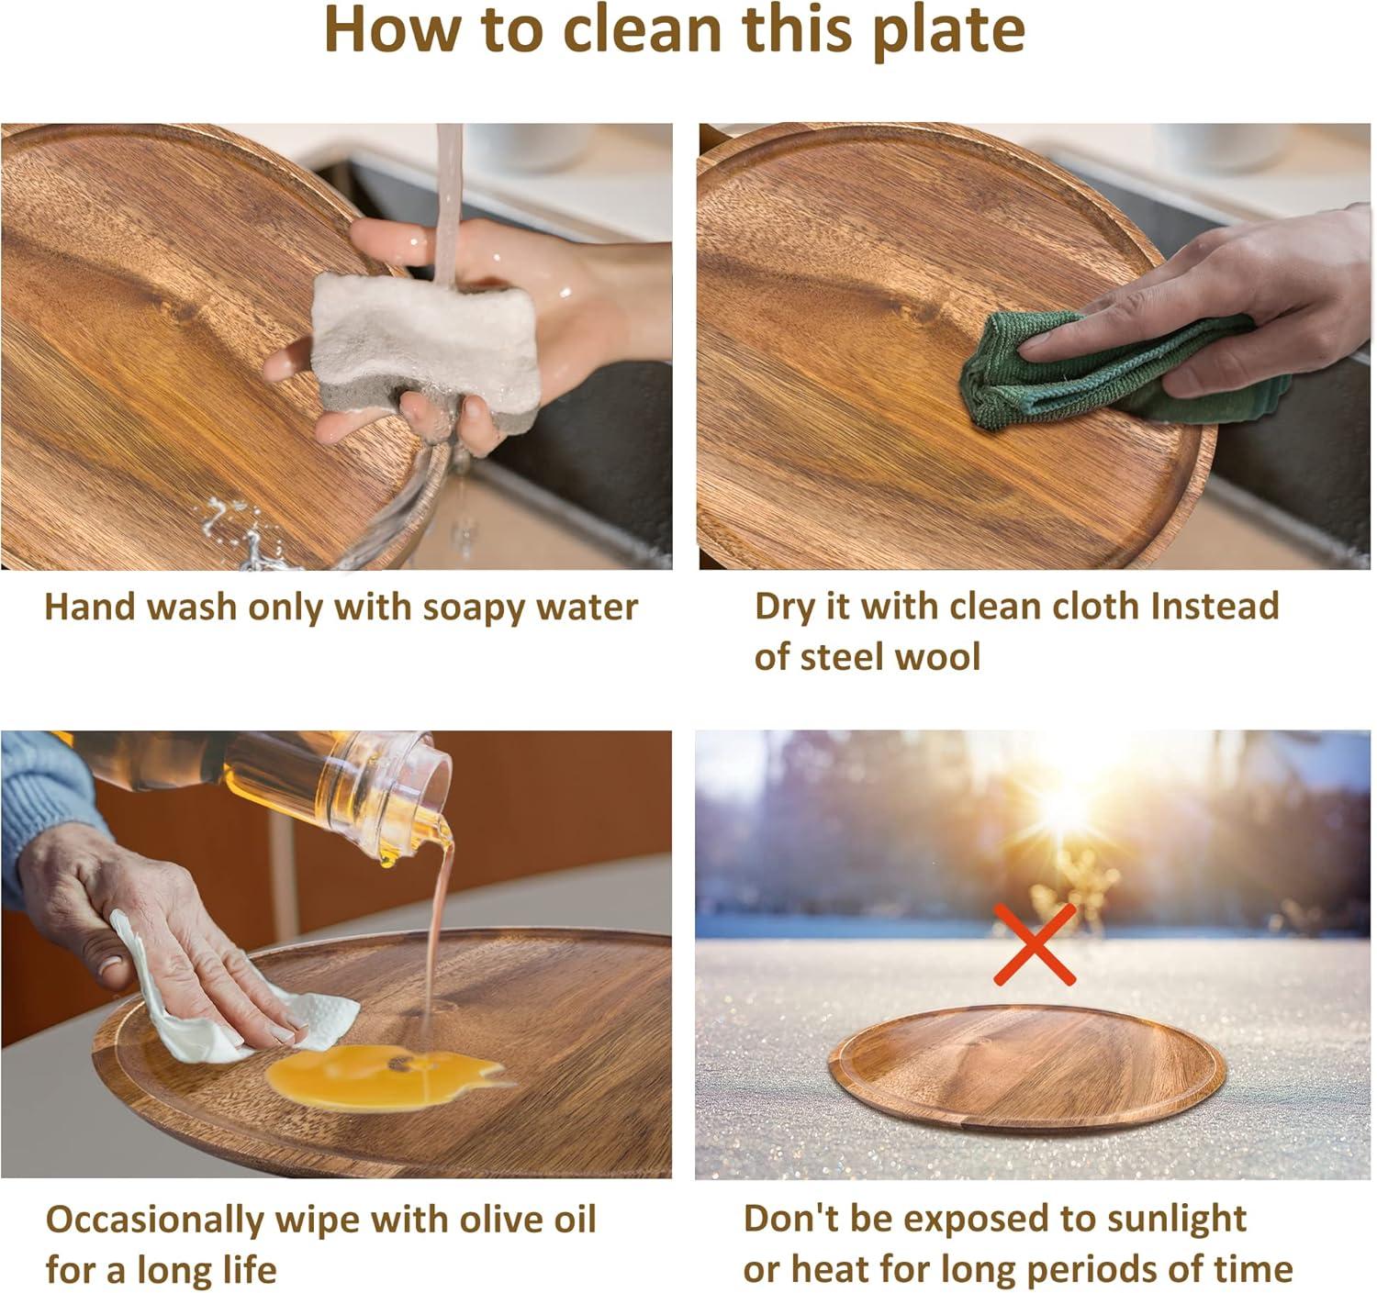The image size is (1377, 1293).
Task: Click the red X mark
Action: pos(1034,944)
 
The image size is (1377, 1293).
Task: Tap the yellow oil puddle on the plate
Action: pos(386,1076)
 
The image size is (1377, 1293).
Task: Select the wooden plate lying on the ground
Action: pos(1027,1067)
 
